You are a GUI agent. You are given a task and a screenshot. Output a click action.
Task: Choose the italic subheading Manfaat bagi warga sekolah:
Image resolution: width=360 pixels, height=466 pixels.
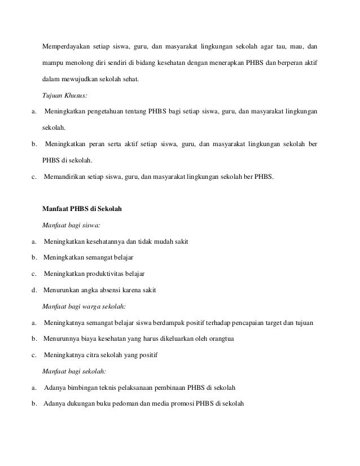[x=84, y=306]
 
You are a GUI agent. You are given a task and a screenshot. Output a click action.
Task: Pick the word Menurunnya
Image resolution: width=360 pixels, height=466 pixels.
[x=62, y=339]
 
